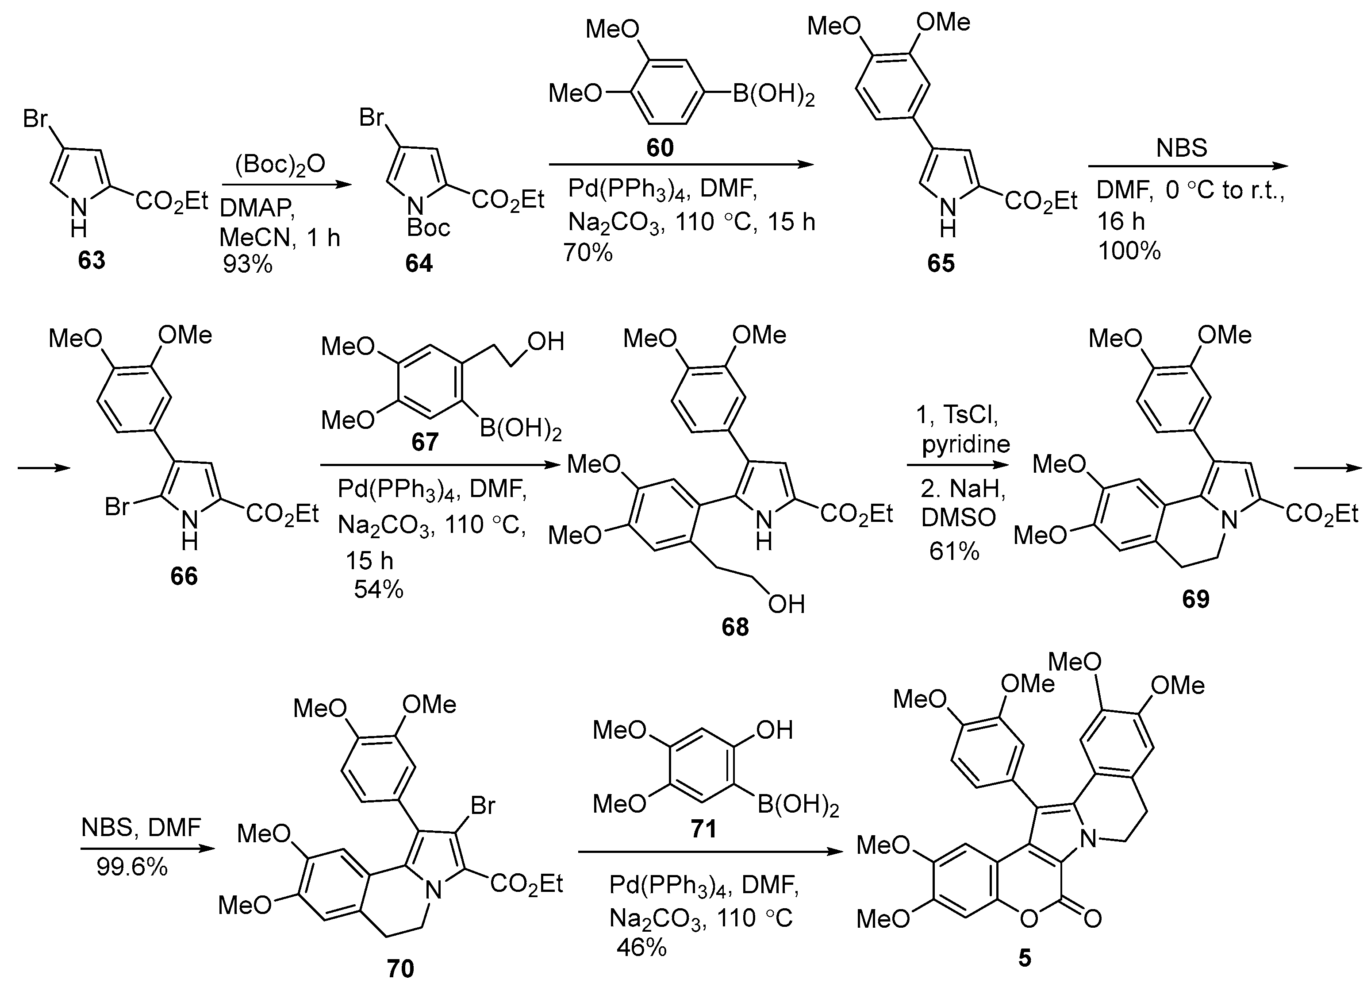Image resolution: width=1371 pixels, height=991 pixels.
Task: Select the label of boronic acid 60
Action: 660,147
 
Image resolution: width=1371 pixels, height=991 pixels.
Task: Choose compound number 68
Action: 735,627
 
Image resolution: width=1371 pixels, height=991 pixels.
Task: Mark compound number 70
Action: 400,968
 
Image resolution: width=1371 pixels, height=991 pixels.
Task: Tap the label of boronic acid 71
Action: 703,829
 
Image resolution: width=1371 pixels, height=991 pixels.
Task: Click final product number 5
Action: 1025,958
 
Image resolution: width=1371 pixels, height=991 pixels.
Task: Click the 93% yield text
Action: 247,264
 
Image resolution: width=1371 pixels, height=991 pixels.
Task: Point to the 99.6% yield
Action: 132,868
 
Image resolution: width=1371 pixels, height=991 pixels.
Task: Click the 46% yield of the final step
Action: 641,948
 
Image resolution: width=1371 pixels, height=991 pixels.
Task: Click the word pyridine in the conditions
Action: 965,445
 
